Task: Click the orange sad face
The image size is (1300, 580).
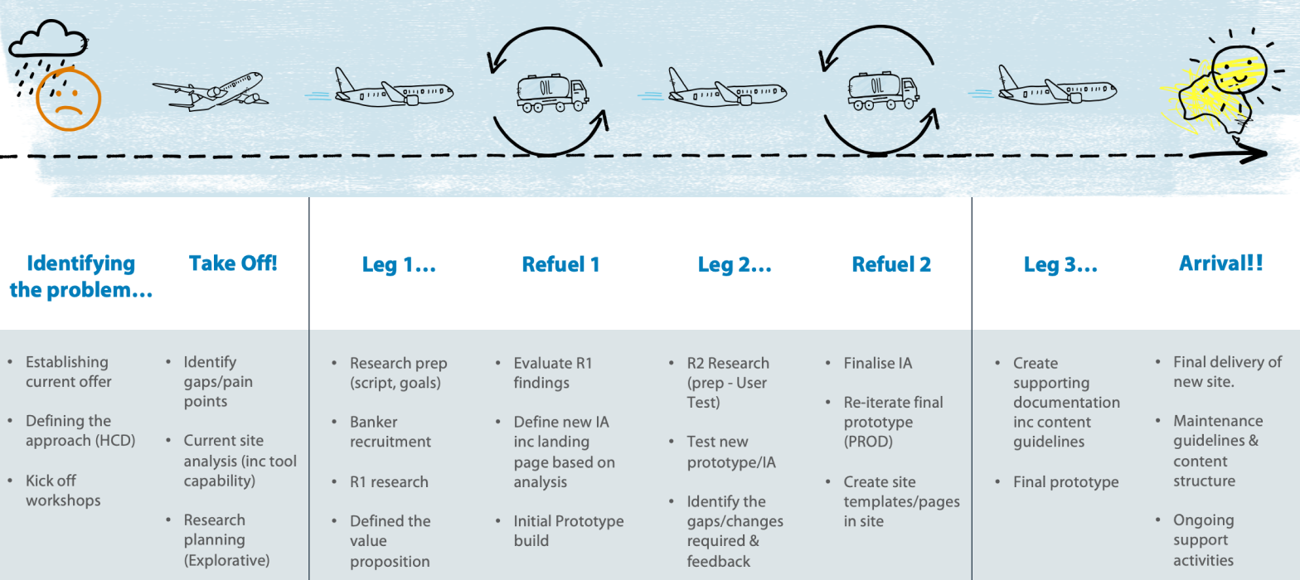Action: point(69,99)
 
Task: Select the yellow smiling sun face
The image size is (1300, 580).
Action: point(1239,70)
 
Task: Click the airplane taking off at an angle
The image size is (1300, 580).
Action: point(210,92)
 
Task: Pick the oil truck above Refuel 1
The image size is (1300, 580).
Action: point(552,93)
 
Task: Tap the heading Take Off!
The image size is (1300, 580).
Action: point(233,263)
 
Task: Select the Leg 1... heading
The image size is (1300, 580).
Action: point(399,264)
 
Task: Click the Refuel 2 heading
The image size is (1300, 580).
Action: point(890,264)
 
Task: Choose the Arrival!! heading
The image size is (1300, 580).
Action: point(1220,263)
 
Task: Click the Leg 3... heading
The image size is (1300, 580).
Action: point(1060,264)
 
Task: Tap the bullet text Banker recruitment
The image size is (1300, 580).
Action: point(390,432)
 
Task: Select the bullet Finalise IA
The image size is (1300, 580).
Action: point(877,363)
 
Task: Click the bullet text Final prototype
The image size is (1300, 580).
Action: point(1065,482)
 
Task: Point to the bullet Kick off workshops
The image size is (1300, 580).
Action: point(63,491)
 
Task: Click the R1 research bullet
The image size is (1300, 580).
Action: point(389,482)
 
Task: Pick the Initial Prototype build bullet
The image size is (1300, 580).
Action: point(568,530)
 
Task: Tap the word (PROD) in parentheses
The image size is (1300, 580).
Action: point(868,442)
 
